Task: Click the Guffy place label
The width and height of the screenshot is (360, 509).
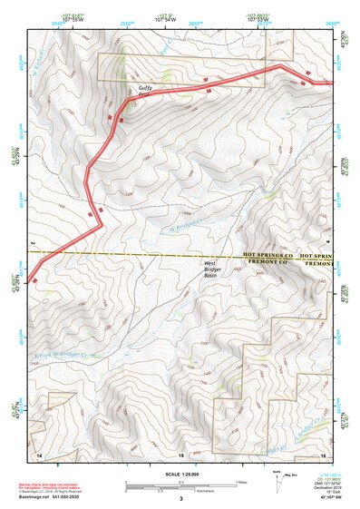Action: (x=145, y=87)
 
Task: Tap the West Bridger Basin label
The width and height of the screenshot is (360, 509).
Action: (x=215, y=269)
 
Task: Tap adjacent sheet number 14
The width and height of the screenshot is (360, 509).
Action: (x=39, y=454)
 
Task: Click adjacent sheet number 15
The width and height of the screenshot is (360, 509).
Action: (x=180, y=454)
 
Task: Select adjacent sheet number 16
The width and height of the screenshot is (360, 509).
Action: (x=322, y=454)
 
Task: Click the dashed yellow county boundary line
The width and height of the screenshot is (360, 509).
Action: (x=136, y=255)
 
